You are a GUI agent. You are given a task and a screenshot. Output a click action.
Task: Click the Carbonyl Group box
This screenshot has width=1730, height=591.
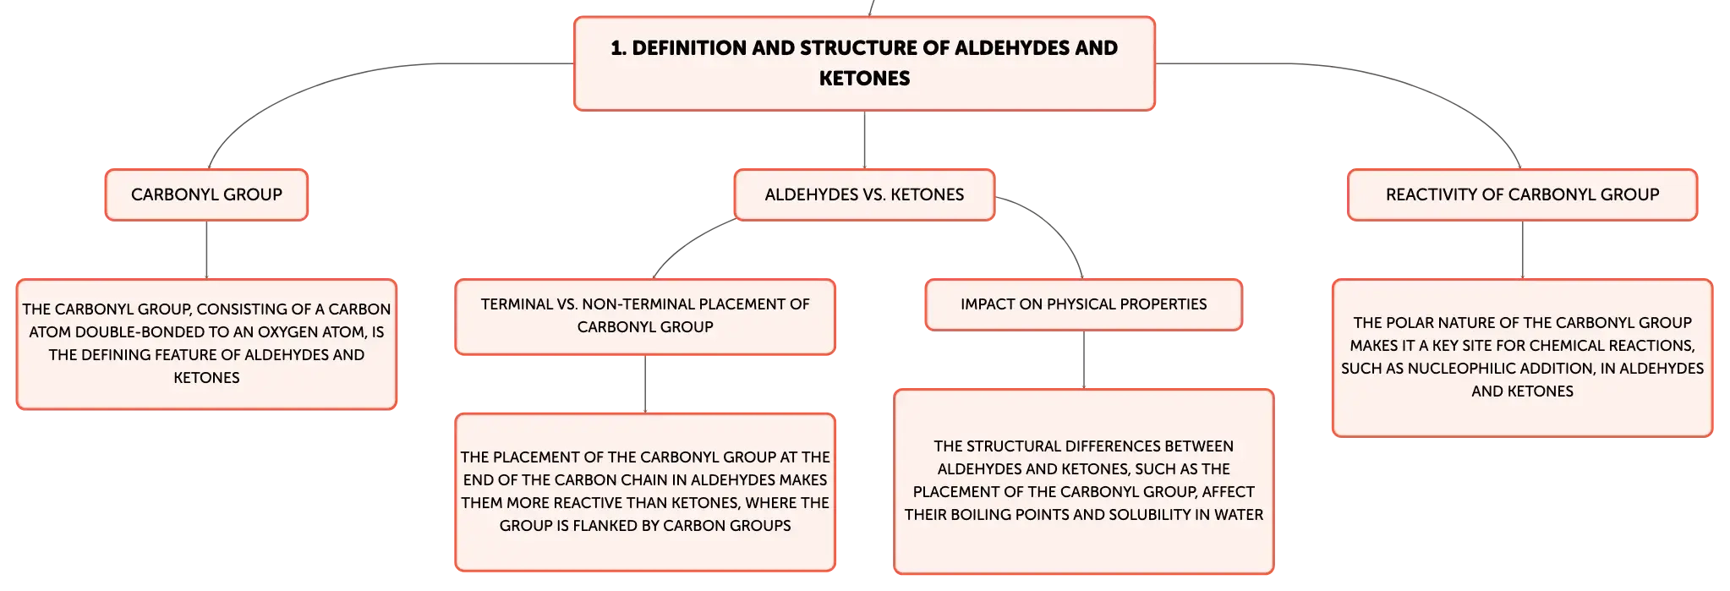click(206, 194)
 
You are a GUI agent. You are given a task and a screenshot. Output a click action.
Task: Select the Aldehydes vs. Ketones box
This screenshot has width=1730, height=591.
click(864, 194)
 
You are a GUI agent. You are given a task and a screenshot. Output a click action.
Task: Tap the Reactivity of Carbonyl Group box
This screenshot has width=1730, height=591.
click(1522, 194)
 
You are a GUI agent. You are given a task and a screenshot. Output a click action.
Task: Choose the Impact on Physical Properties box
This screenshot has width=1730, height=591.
click(1083, 304)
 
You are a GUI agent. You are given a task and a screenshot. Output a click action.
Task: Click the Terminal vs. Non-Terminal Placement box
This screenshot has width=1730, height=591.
click(645, 316)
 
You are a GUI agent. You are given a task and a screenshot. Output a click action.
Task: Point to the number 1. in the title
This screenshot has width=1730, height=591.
click(618, 48)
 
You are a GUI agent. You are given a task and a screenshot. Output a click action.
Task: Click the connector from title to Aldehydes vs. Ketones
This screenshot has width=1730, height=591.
click(864, 140)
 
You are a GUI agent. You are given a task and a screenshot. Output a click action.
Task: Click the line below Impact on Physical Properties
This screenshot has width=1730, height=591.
click(1083, 359)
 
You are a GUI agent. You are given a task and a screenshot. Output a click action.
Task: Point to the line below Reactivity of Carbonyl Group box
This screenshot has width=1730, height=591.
click(1522, 249)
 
